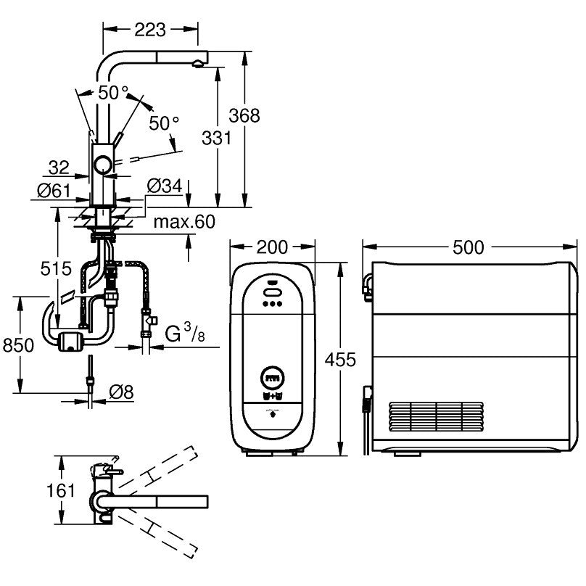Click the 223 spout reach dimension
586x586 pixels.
click(x=150, y=30)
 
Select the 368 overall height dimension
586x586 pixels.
click(x=244, y=115)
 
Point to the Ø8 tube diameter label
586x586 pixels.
click(x=120, y=392)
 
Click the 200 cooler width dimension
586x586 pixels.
click(x=273, y=247)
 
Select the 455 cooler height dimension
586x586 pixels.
click(x=341, y=359)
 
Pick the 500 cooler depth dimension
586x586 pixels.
click(x=468, y=247)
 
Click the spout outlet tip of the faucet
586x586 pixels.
click(x=197, y=65)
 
